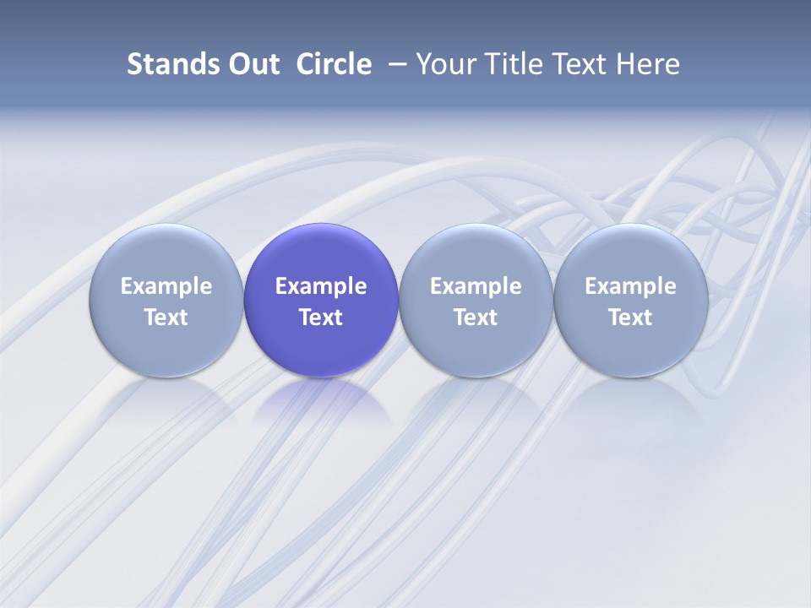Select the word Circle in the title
(x=334, y=64)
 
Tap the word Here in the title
(x=648, y=64)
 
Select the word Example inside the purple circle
(x=321, y=286)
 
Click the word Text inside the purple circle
(x=321, y=318)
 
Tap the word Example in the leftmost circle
(x=166, y=286)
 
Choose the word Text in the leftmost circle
(x=166, y=318)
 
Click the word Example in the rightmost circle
(x=630, y=286)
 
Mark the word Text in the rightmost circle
(x=630, y=318)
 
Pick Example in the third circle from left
(x=476, y=286)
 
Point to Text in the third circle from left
(x=476, y=318)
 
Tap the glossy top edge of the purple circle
(x=321, y=230)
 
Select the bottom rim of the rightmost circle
(x=630, y=373)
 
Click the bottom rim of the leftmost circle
(x=166, y=373)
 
